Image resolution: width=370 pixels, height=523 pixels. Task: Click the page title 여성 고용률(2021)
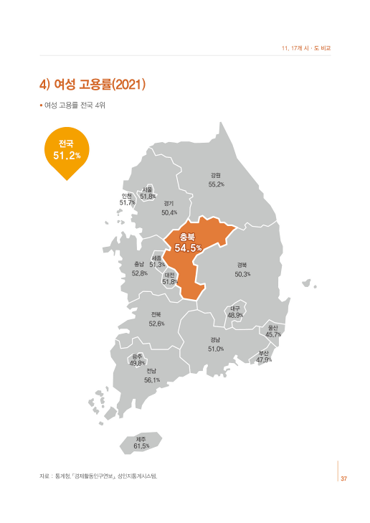93,85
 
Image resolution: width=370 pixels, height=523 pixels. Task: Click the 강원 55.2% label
216,180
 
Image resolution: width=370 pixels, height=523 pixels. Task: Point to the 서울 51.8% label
148,192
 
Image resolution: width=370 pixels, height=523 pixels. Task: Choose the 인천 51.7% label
127,199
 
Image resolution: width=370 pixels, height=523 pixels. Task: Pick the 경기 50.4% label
169,208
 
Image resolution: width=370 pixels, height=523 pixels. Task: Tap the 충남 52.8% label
140,269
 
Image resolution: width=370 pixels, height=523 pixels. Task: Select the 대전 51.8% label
170,278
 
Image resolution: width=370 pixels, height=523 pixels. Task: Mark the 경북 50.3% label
242,270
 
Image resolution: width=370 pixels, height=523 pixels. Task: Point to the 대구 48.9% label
235,311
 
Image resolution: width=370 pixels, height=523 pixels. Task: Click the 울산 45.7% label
273,331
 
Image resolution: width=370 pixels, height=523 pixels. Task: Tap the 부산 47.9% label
264,356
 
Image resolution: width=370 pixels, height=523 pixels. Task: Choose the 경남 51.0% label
216,344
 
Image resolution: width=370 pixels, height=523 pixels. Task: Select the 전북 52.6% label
156,319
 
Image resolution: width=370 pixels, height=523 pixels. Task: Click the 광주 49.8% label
137,359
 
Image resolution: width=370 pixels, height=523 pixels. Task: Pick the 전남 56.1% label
151,375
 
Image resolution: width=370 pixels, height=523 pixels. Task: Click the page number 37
343,479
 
